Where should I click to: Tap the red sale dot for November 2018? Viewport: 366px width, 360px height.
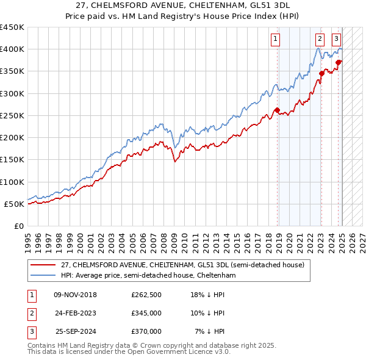click(277, 110)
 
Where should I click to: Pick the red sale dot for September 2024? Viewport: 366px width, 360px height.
click(339, 62)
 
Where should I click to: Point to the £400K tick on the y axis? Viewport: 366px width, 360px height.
click(12, 49)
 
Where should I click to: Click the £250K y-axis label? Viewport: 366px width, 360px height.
click(12, 115)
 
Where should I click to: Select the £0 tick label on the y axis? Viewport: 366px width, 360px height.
click(18, 226)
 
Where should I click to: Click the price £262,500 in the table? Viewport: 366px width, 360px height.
click(146, 295)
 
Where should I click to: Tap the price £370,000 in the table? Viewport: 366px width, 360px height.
click(146, 331)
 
